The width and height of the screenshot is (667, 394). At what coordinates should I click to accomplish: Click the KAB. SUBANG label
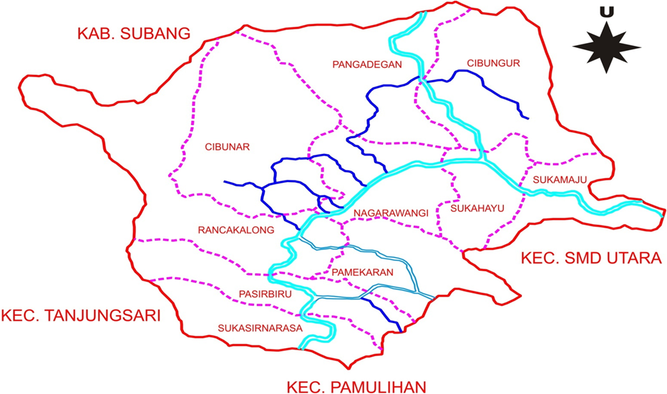point(134,33)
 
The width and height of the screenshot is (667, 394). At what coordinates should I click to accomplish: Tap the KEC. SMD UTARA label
point(590,258)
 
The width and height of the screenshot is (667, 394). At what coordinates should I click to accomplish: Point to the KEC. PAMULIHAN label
point(356,386)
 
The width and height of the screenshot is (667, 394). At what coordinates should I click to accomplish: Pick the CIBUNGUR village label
point(492,63)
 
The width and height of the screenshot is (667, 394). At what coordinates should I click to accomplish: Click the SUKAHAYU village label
point(477,209)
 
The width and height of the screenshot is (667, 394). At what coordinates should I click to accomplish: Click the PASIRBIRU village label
point(264,294)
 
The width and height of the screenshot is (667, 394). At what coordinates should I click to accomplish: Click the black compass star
point(606,47)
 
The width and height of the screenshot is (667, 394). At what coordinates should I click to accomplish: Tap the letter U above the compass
point(607,12)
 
